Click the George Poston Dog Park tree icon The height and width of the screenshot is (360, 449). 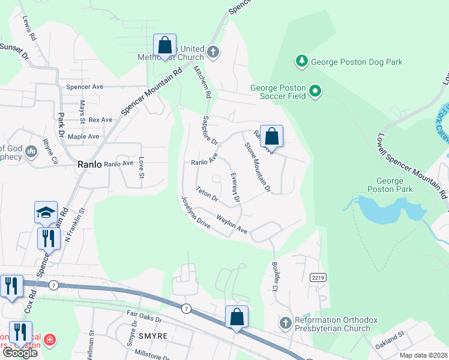click(x=301, y=61)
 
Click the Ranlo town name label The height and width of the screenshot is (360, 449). click(x=90, y=164)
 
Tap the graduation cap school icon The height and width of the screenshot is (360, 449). click(x=46, y=212)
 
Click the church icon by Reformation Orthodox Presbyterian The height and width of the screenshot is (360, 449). click(x=286, y=323)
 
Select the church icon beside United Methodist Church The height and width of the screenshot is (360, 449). click(x=212, y=52)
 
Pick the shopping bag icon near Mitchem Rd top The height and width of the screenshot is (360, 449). click(x=164, y=46)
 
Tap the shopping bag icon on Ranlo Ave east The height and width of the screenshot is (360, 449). click(x=271, y=136)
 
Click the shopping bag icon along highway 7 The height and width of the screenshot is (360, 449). click(x=237, y=317)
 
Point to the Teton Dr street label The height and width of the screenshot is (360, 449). click(x=206, y=195)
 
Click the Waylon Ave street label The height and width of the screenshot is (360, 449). click(x=232, y=224)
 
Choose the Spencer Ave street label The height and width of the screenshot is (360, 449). click(x=85, y=87)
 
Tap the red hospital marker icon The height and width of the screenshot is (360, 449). click(x=50, y=341)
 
